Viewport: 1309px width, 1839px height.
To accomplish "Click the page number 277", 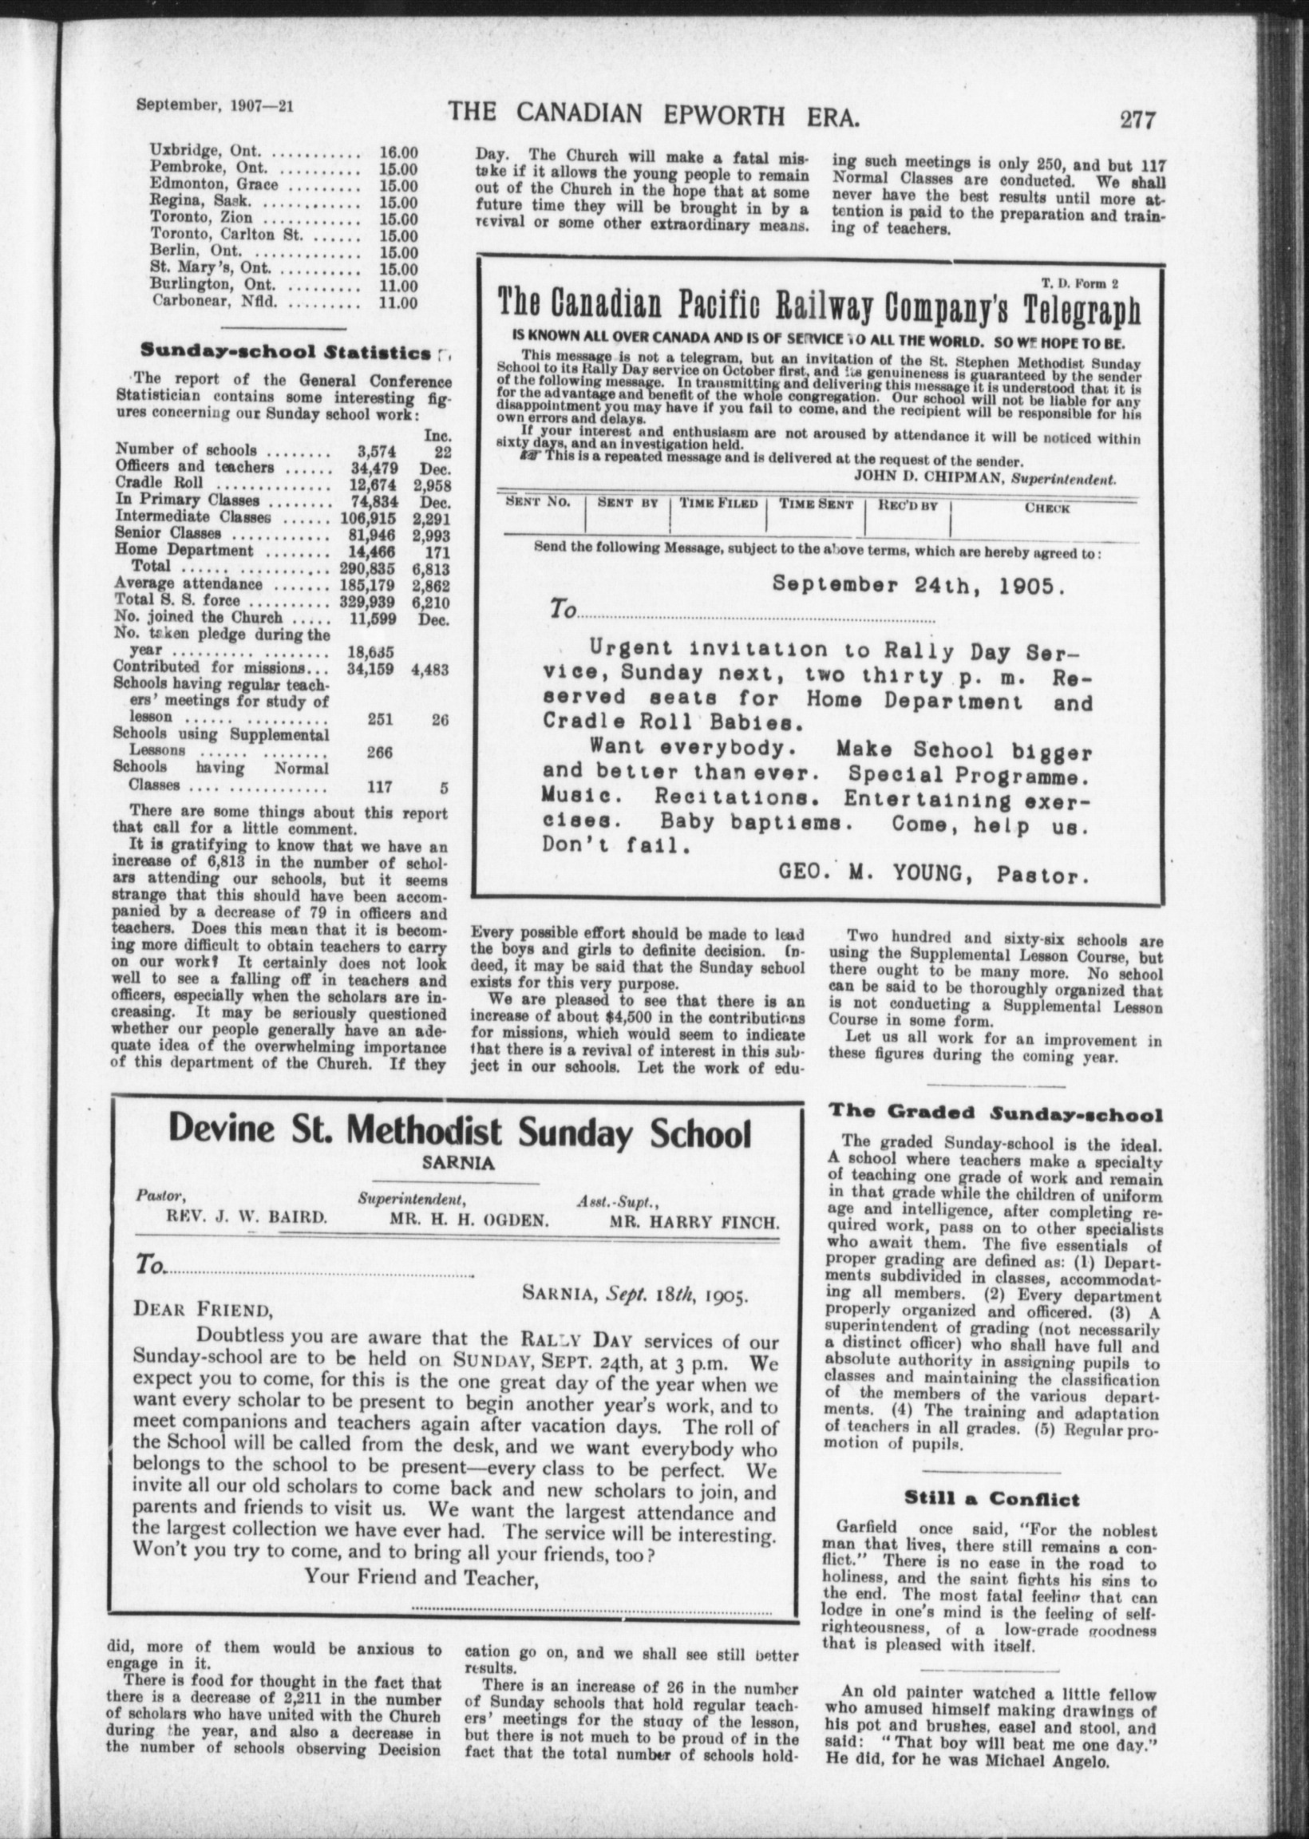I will click(1137, 120).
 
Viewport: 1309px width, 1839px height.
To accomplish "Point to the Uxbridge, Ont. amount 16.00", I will click(398, 151).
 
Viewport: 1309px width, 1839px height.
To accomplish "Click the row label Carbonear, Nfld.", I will click(216, 303).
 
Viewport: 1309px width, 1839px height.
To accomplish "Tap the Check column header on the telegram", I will click(1047, 508).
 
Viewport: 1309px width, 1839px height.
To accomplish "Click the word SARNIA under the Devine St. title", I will click(457, 1163).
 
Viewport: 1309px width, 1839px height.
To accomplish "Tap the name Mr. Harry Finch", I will click(694, 1221).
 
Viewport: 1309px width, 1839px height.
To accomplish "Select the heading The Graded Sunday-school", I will click(995, 1114).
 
